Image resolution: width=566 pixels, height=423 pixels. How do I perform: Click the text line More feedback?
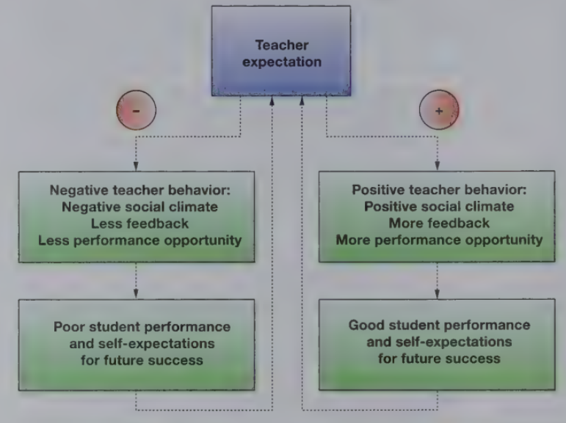[x=439, y=224]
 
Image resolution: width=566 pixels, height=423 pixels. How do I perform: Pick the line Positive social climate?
[x=439, y=206]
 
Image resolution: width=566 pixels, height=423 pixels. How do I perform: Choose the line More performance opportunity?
[x=439, y=240]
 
